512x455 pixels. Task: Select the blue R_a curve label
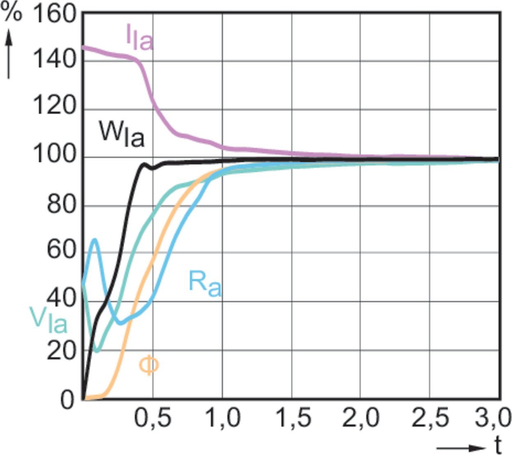205,283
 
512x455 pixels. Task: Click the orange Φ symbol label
148,365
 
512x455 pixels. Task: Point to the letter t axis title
498,445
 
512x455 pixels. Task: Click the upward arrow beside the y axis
9,53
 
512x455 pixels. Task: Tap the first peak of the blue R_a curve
95,239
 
